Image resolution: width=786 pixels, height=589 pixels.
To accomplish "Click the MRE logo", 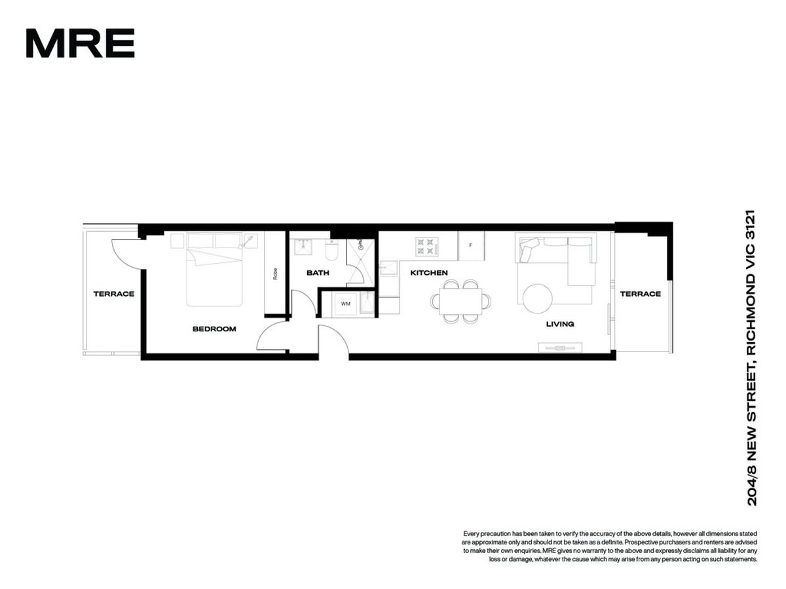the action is click(80, 43).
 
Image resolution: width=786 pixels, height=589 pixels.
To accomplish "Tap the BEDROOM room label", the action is click(214, 329).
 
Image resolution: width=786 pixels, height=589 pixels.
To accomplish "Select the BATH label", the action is click(318, 273).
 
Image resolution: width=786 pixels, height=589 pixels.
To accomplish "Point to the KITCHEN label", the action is click(428, 273).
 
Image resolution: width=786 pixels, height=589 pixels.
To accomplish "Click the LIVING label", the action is click(559, 324).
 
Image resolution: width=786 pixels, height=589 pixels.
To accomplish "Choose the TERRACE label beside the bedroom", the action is click(114, 294).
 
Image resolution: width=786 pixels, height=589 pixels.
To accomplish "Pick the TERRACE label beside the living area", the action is click(640, 294).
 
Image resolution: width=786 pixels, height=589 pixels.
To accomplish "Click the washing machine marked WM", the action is click(346, 304).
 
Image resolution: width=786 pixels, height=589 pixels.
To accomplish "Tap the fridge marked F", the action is click(471, 245).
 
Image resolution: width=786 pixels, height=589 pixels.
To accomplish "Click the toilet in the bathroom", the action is click(331, 251).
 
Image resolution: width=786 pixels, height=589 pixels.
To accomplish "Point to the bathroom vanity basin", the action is click(303, 247).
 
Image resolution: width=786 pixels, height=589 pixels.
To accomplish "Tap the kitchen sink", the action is click(389, 268).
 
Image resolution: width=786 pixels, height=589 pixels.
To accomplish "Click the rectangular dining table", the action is click(460, 301).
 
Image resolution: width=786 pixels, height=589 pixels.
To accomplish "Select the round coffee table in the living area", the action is click(537, 298).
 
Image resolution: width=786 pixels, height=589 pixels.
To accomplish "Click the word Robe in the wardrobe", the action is click(275, 274).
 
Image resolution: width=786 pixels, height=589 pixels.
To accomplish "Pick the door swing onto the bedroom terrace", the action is click(124, 256).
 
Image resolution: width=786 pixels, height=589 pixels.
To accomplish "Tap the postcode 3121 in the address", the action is click(752, 224).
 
